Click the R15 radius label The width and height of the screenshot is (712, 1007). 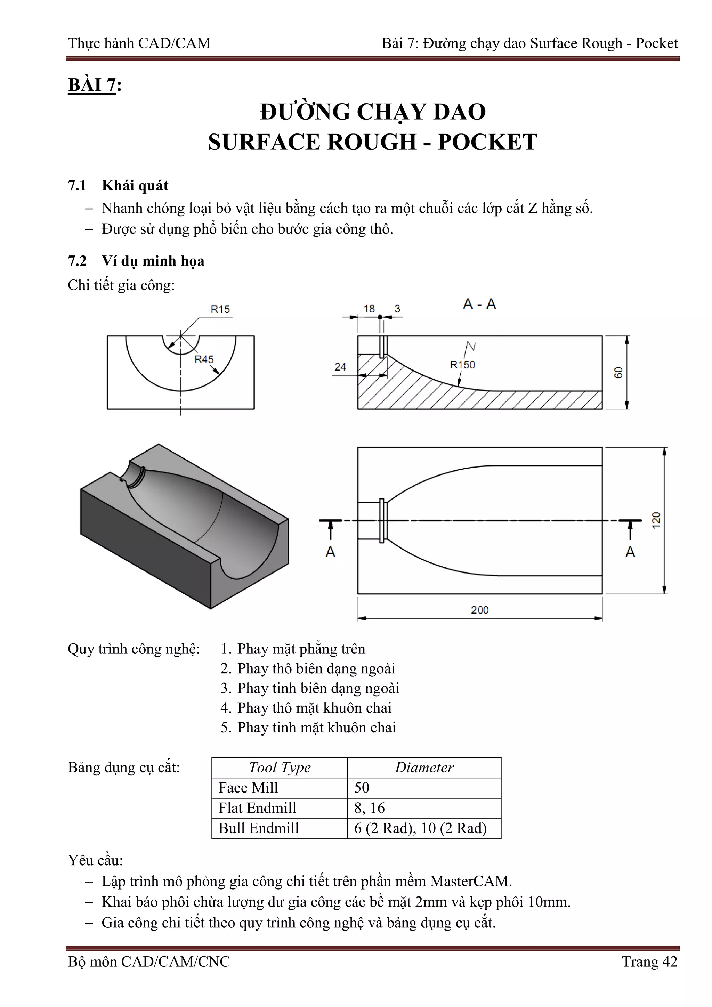220,309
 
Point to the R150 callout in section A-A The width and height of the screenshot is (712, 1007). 462,365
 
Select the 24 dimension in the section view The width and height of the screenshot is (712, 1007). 340,367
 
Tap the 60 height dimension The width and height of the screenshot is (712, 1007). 618,373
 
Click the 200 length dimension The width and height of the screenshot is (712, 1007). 479,610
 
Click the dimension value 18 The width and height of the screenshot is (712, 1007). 369,309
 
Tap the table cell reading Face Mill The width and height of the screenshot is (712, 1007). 248,788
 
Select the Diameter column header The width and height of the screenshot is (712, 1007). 424,768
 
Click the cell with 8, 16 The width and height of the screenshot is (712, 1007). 369,808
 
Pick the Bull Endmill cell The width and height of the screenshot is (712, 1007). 258,828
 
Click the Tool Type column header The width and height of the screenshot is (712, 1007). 280,768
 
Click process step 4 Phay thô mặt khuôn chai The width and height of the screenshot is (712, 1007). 306,708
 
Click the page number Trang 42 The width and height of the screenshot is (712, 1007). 649,962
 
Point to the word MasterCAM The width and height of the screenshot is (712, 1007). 470,881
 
